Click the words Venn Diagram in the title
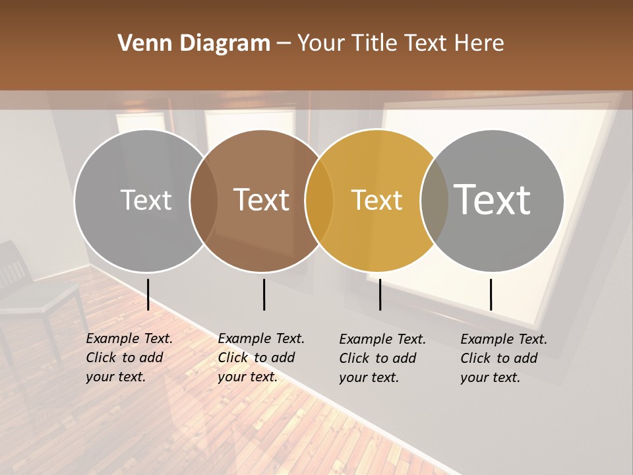194,44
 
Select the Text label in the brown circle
262,200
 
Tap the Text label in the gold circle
377,200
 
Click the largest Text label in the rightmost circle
493,199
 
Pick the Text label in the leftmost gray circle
146,200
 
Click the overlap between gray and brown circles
204,201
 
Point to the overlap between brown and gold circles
319,201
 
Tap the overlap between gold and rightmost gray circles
435,201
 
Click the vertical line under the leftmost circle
148,294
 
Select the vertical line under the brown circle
264,294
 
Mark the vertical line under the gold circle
380,294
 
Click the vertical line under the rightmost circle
491,294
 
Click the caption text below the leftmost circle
129,358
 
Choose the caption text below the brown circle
261,358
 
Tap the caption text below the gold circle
382,358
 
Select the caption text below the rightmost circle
504,358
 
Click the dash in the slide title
284,44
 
